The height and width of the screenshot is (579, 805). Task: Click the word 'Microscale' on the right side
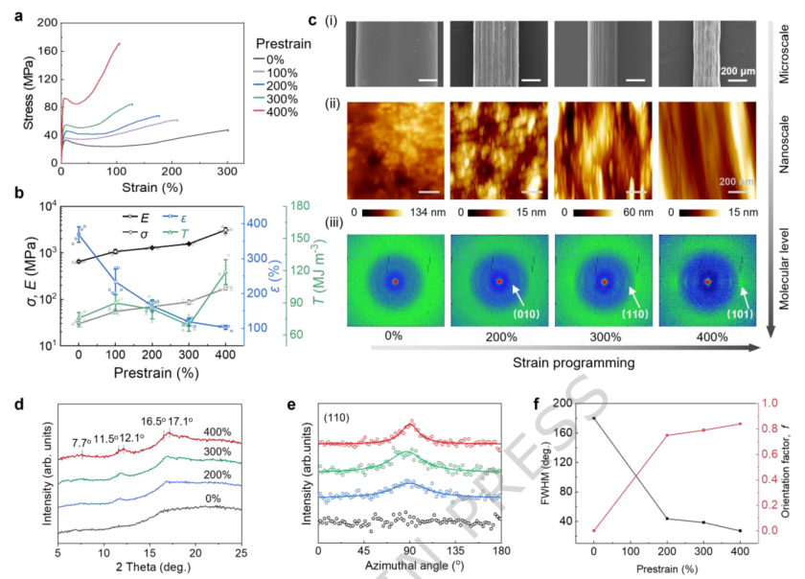click(x=785, y=55)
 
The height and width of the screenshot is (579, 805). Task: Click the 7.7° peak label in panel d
click(x=82, y=443)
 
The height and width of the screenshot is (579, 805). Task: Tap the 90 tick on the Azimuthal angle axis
click(x=407, y=549)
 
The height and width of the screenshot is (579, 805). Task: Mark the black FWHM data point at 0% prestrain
click(x=593, y=418)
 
